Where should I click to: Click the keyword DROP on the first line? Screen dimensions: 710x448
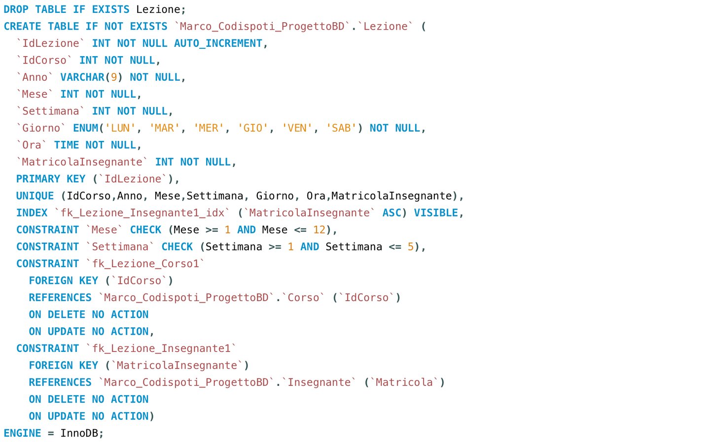pos(16,9)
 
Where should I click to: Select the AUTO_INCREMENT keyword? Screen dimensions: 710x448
pos(218,43)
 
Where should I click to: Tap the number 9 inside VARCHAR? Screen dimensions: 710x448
pos(114,77)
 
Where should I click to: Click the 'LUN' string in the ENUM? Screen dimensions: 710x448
pos(120,128)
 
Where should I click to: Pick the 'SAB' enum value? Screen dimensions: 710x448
pos(341,128)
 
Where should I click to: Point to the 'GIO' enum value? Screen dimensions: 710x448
pos(253,128)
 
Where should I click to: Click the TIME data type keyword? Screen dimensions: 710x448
pos(67,145)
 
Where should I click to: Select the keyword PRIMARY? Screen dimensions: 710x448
pos(38,179)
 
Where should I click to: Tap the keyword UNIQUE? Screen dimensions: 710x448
pos(35,196)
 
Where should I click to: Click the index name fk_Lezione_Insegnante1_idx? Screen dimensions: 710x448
pos(142,213)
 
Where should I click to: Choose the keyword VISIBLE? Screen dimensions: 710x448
pos(436,213)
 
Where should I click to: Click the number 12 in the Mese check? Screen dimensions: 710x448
pos(319,230)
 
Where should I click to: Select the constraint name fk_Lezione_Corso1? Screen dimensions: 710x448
pos(145,264)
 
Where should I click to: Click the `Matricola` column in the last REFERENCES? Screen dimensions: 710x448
pos(404,382)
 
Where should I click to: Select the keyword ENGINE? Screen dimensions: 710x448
pos(22,433)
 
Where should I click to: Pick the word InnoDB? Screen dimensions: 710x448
pos(79,433)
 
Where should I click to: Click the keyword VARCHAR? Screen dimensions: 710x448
pos(82,77)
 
